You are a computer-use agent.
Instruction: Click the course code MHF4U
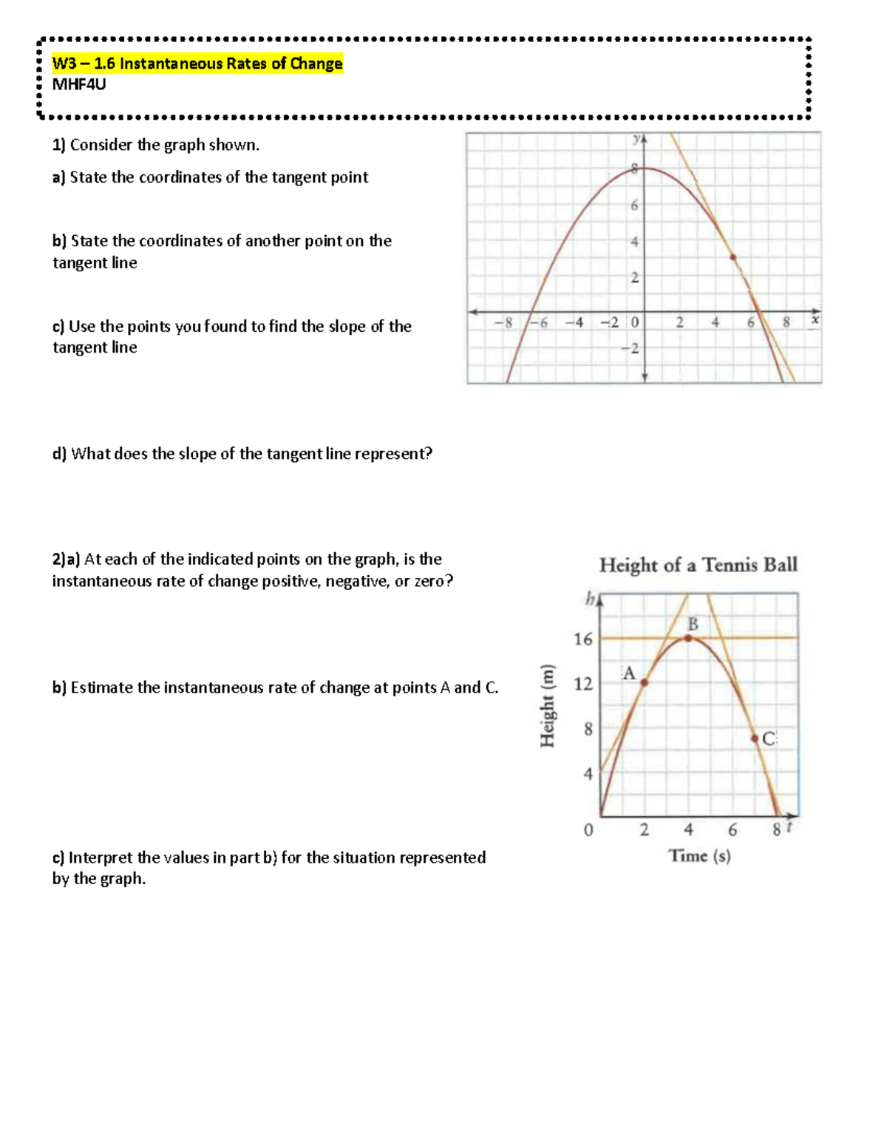(x=79, y=84)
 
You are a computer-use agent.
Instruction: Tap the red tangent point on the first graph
(x=733, y=257)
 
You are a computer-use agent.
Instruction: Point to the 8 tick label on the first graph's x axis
(x=786, y=322)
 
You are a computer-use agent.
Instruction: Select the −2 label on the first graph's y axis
(x=632, y=348)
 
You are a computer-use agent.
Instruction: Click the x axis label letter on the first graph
(x=815, y=319)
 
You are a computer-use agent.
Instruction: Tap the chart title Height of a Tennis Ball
(x=698, y=565)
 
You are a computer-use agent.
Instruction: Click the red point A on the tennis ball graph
(x=644, y=682)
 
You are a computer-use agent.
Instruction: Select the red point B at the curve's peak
(x=689, y=637)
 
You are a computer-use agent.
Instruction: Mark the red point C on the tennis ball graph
(x=755, y=738)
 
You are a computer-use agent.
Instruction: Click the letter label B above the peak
(x=693, y=624)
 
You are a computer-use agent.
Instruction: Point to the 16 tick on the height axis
(x=583, y=639)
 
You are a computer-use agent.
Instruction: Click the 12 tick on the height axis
(x=583, y=685)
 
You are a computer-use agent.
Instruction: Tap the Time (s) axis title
(x=699, y=856)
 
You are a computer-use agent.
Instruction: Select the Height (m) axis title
(x=548, y=706)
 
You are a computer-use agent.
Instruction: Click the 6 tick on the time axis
(x=733, y=830)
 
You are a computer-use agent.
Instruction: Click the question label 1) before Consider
(x=59, y=145)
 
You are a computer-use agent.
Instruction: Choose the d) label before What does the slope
(x=59, y=454)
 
